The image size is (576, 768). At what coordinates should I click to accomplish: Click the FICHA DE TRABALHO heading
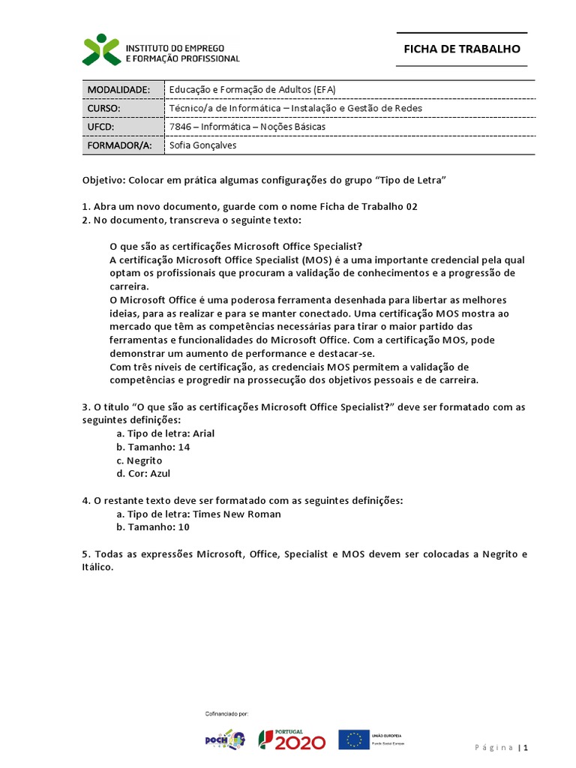pyautogui.click(x=461, y=49)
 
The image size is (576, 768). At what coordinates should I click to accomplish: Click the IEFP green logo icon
pyautogui.click(x=101, y=49)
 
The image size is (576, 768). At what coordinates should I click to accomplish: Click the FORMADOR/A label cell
pyautogui.click(x=119, y=145)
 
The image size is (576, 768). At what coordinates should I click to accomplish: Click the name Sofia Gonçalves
pyautogui.click(x=202, y=145)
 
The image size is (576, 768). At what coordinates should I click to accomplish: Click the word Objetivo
pyautogui.click(x=103, y=181)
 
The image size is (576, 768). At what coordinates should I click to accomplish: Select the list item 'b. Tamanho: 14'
pyautogui.click(x=153, y=447)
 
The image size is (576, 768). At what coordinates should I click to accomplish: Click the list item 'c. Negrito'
pyautogui.click(x=139, y=460)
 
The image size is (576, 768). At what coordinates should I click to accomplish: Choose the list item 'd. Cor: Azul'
pyautogui.click(x=143, y=474)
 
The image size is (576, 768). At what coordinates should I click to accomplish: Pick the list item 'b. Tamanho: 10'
pyautogui.click(x=153, y=527)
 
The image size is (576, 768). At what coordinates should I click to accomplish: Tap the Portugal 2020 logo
pyautogui.click(x=292, y=739)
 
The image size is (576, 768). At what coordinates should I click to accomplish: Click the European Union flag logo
pyautogui.click(x=353, y=739)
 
